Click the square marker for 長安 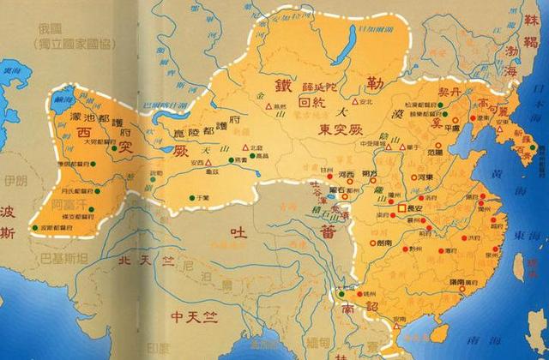pos(400,208)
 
